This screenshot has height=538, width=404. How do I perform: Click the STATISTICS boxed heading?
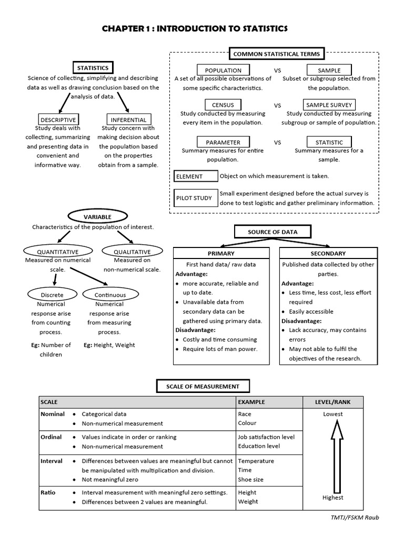[x=93, y=68]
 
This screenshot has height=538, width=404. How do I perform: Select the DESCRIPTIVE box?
[x=58, y=119]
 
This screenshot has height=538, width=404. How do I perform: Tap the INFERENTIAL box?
[x=128, y=119]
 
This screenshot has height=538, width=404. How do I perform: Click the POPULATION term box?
[x=223, y=70]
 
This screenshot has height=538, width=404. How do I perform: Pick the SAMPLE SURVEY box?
[x=329, y=105]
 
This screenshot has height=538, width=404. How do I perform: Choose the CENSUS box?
[x=223, y=105]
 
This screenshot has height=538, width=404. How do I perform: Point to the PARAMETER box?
[x=223, y=142]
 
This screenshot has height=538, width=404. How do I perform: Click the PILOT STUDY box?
[x=195, y=198]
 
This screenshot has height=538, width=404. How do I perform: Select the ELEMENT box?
[x=196, y=177]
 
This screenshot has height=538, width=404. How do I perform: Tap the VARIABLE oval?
[x=97, y=216]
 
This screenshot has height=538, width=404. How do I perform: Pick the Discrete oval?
[x=52, y=295]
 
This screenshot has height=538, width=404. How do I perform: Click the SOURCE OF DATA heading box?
[x=272, y=232]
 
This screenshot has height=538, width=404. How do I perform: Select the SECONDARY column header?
[x=328, y=253]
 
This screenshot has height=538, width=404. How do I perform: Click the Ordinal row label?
[x=51, y=437]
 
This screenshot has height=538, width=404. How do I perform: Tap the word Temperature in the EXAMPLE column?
[x=256, y=461]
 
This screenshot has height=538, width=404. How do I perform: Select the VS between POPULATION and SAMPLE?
[x=277, y=70]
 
